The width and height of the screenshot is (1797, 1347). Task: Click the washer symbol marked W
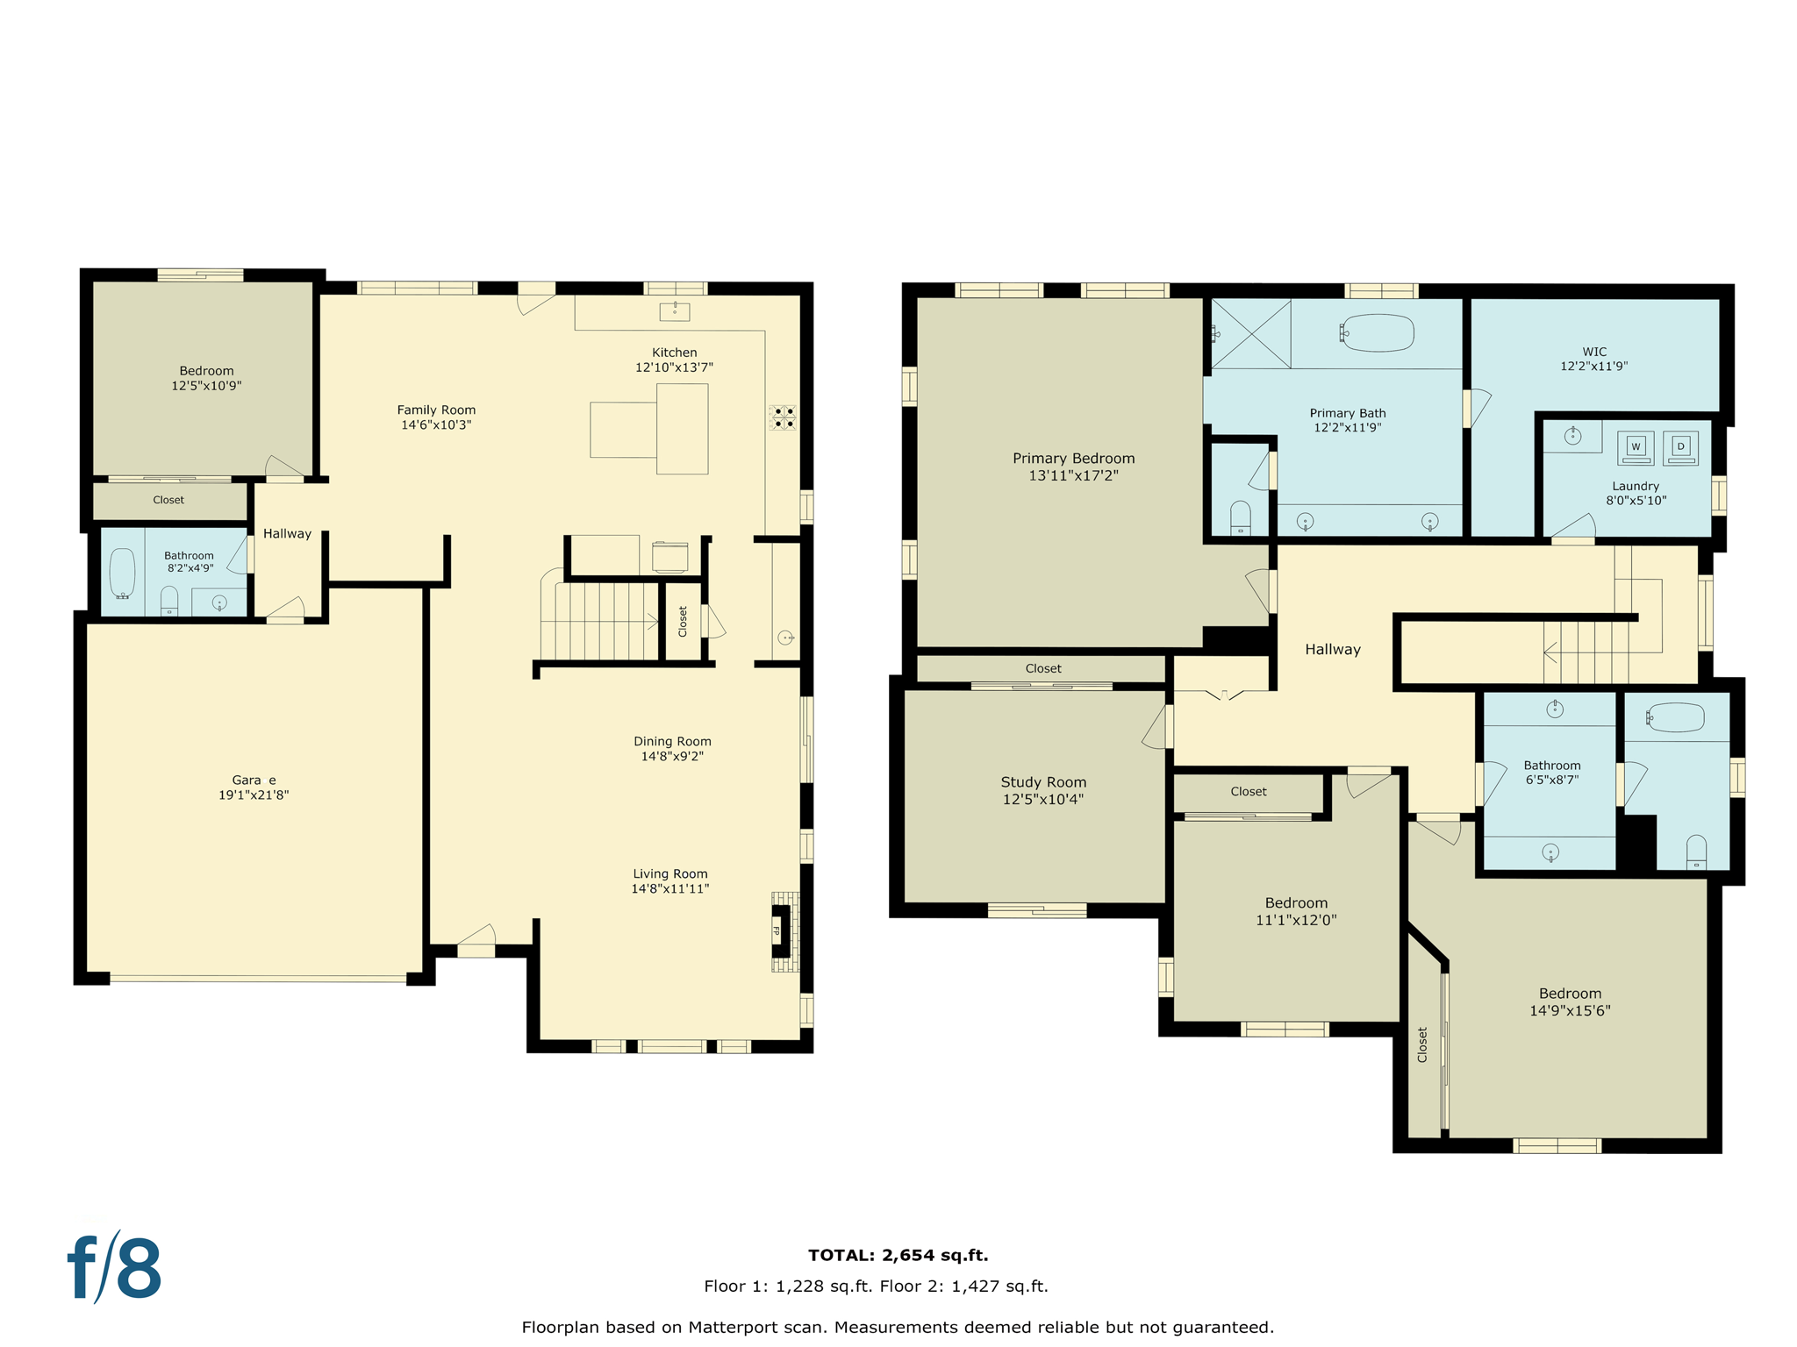(x=1636, y=447)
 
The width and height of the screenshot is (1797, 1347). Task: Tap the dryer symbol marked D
(x=1680, y=447)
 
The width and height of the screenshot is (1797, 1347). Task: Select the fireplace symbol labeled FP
(x=777, y=930)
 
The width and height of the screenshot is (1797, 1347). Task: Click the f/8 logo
(x=115, y=1268)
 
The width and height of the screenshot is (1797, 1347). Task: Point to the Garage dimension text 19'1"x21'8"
(x=254, y=795)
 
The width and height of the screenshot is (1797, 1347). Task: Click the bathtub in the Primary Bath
(x=1378, y=333)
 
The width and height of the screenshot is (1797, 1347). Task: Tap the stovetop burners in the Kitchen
(x=783, y=417)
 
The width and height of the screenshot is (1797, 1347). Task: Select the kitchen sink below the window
(x=675, y=311)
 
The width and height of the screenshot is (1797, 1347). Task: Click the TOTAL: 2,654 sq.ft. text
(x=898, y=1255)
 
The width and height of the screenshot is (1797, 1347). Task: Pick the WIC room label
(x=1594, y=352)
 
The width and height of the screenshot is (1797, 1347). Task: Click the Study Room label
(x=1043, y=782)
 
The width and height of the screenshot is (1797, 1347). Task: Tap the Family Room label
(x=436, y=410)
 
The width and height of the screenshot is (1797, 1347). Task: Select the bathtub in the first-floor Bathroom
(x=123, y=574)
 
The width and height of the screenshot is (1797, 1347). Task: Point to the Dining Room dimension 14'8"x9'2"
(x=672, y=756)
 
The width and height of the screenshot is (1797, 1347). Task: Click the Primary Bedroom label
(x=1073, y=459)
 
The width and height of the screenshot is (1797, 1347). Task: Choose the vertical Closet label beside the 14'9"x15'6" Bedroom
(x=1422, y=1045)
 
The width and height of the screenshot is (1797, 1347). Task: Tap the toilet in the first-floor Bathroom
(x=169, y=602)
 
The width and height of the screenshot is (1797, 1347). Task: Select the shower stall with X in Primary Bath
(x=1250, y=333)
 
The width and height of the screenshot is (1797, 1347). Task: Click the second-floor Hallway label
(x=1332, y=650)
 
